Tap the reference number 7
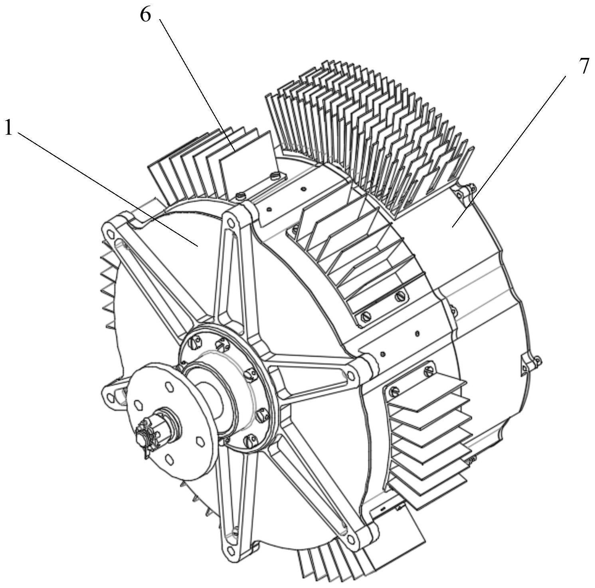click(x=583, y=66)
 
